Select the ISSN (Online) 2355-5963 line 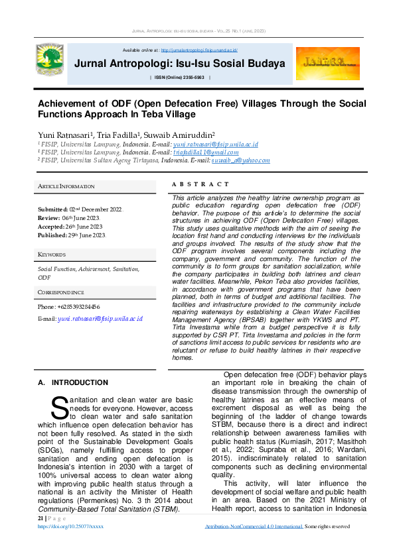[181, 78]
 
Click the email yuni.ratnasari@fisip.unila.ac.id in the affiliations [215, 144]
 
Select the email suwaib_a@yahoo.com [240, 160]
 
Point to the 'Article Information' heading [66, 186]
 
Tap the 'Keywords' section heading [52, 254]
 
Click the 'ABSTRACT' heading [200, 184]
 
